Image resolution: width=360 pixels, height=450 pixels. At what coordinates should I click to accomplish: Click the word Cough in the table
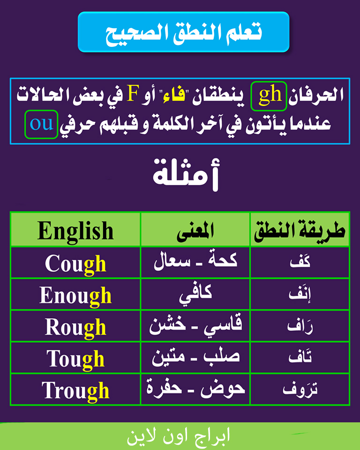tap(75, 264)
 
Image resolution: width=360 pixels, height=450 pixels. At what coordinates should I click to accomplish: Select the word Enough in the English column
tap(75, 296)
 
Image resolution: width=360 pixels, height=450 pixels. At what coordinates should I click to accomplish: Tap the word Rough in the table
tap(75, 328)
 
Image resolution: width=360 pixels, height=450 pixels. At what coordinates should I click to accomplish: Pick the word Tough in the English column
tap(75, 359)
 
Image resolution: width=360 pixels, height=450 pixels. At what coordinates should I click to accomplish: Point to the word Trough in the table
tap(75, 391)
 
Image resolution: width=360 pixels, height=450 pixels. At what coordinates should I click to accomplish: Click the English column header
tap(75, 231)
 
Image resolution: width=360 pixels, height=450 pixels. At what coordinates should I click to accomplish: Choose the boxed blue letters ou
tap(42, 125)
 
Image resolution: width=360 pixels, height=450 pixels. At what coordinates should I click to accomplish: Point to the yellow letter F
tap(133, 94)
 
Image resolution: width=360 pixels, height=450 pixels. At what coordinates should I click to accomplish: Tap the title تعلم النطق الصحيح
tap(184, 32)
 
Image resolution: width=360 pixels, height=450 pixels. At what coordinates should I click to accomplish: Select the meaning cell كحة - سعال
tap(195, 261)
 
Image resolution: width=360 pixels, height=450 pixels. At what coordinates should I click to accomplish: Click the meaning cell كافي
tap(195, 294)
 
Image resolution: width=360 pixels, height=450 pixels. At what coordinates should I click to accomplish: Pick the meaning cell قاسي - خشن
tap(195, 325)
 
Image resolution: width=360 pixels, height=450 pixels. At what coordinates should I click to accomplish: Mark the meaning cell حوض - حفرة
tap(195, 388)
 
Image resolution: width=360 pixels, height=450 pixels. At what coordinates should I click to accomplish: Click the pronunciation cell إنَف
tap(300, 295)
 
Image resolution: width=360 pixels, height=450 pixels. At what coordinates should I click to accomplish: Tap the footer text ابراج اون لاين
tap(179, 436)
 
